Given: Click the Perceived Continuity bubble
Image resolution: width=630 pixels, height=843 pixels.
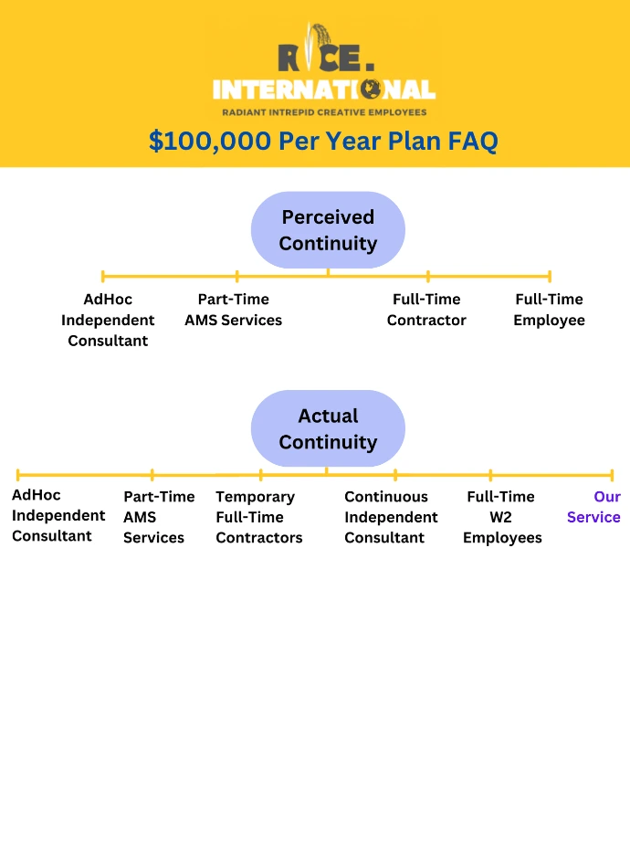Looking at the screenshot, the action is tap(328, 230).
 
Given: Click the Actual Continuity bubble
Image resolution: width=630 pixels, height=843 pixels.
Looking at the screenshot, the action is tap(328, 428).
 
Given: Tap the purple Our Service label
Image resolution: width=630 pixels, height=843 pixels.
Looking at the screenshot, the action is tap(594, 507).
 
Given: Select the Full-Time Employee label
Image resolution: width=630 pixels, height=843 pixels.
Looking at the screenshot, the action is tap(549, 309).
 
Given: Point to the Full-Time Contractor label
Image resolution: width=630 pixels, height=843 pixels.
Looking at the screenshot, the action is tap(426, 309).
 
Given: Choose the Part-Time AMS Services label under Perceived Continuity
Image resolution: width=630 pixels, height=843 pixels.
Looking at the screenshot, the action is tap(234, 309).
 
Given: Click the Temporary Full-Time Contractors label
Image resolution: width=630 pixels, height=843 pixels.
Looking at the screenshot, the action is tap(259, 517).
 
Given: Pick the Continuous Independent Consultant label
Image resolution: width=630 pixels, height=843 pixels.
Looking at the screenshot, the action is tap(391, 517).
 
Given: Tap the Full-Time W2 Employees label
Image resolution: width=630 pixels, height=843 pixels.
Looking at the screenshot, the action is tap(502, 517).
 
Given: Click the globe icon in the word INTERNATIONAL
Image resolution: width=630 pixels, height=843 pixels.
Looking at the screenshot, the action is tap(371, 90).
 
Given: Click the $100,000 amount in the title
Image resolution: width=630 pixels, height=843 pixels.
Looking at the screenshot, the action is tap(210, 141).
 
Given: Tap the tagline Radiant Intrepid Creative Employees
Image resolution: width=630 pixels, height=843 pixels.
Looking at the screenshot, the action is tap(324, 112).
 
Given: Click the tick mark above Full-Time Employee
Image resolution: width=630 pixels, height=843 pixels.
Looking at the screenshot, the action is tap(550, 277).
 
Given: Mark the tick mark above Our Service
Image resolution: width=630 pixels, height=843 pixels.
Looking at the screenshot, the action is tap(612, 475).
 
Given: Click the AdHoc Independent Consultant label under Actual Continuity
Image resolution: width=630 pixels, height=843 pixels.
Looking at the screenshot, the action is tap(58, 515).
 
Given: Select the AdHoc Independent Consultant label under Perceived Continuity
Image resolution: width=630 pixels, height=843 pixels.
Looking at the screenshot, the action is tap(108, 320).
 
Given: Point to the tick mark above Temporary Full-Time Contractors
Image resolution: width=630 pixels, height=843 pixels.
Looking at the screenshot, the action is tap(261, 475).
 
